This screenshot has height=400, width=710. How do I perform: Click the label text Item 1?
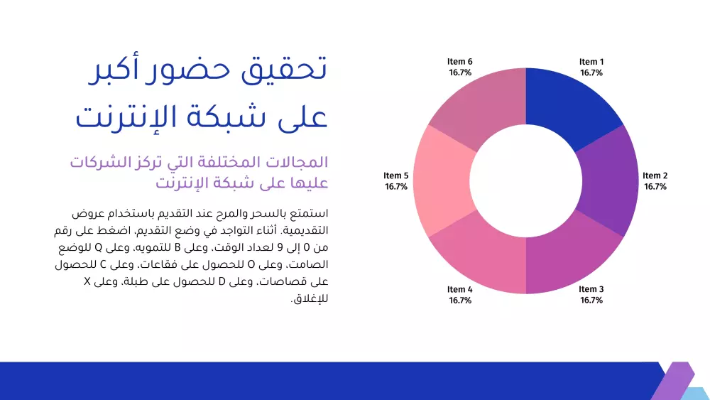point(591,63)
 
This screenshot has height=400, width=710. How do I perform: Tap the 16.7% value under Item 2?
point(655,187)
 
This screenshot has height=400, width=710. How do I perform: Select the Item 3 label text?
point(591,290)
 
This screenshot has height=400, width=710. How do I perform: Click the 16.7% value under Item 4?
point(459,301)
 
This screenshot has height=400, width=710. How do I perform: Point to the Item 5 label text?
point(396,176)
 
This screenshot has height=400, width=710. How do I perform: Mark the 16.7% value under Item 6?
point(459,72)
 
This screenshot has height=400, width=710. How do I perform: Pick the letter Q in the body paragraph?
point(99,248)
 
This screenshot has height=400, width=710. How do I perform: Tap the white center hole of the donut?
point(525,181)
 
